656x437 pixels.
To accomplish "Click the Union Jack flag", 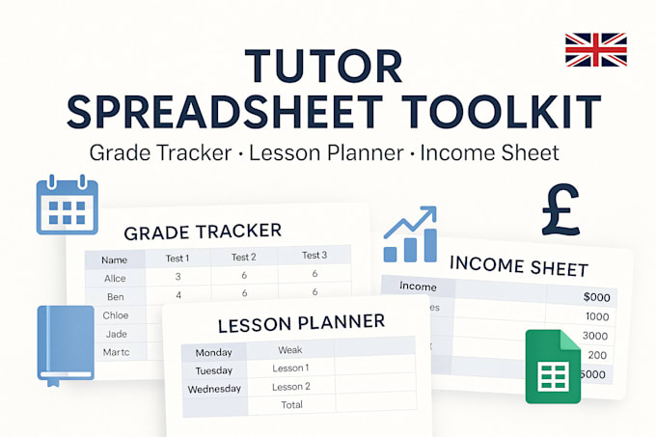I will pos(595,50).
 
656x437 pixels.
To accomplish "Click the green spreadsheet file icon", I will pos(553,366).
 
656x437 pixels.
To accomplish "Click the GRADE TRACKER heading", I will pos(203,232).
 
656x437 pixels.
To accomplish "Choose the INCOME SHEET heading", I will pos(519,266).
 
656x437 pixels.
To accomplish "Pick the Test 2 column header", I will pos(244,258).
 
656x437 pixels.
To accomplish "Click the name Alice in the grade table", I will pos(115,277).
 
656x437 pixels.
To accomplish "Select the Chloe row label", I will pos(116,314).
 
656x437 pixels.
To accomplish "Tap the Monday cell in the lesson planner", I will pos(214,352).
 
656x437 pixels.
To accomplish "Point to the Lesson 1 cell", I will pos(291,369).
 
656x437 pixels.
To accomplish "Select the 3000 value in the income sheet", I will pos(596,335).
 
